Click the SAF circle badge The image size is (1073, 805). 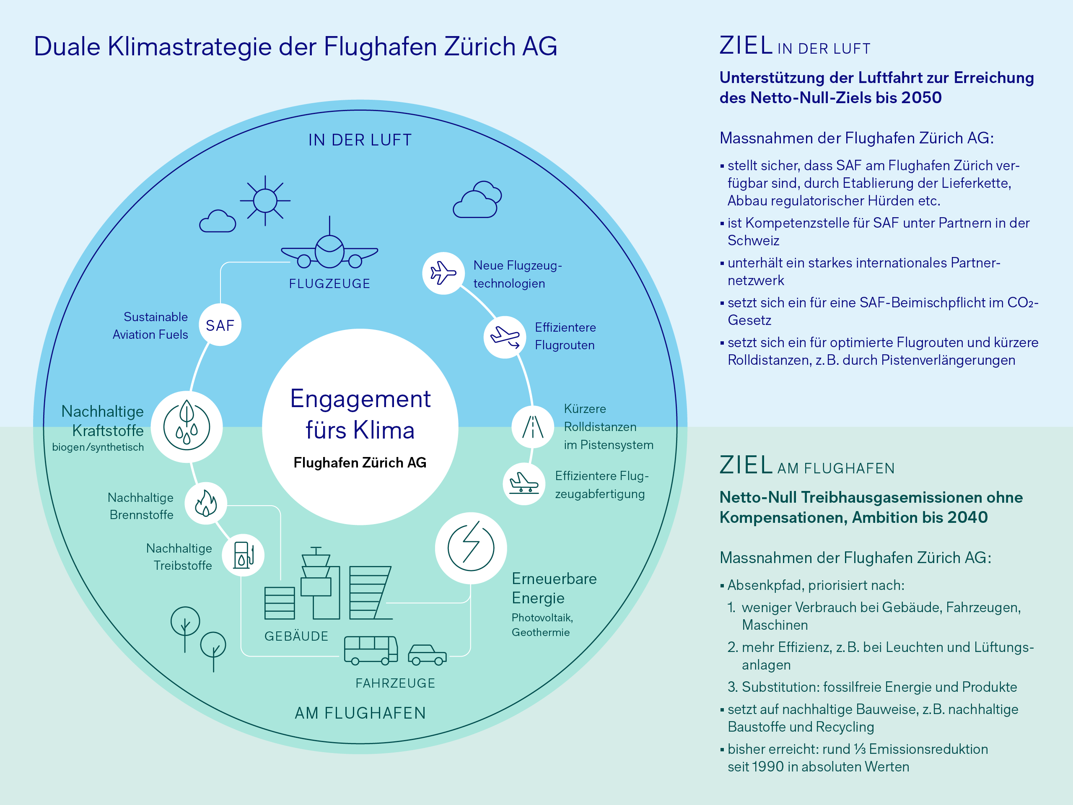tap(220, 325)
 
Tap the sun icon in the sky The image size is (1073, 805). tap(265, 200)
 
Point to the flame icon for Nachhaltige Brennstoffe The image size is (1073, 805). tap(206, 503)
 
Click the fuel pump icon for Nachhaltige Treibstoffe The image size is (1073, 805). tap(243, 555)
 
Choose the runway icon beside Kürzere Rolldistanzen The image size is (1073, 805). tap(533, 427)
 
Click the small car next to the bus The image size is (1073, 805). tap(427, 654)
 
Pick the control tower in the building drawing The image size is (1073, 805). tap(316, 577)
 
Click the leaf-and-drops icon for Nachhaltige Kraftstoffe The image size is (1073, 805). tap(187, 426)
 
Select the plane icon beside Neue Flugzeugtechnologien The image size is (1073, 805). tap(443, 273)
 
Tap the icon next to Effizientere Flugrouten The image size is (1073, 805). tap(505, 337)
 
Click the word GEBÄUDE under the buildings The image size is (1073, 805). tap(296, 636)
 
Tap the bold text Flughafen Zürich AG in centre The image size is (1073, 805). tap(360, 462)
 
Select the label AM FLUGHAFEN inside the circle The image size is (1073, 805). tap(360, 713)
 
